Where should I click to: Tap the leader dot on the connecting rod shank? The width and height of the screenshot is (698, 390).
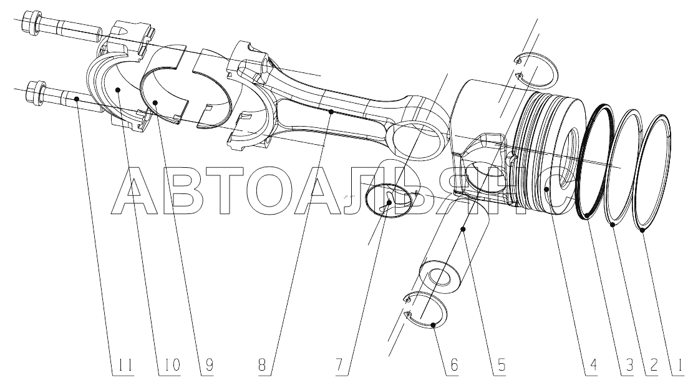tap(331, 112)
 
